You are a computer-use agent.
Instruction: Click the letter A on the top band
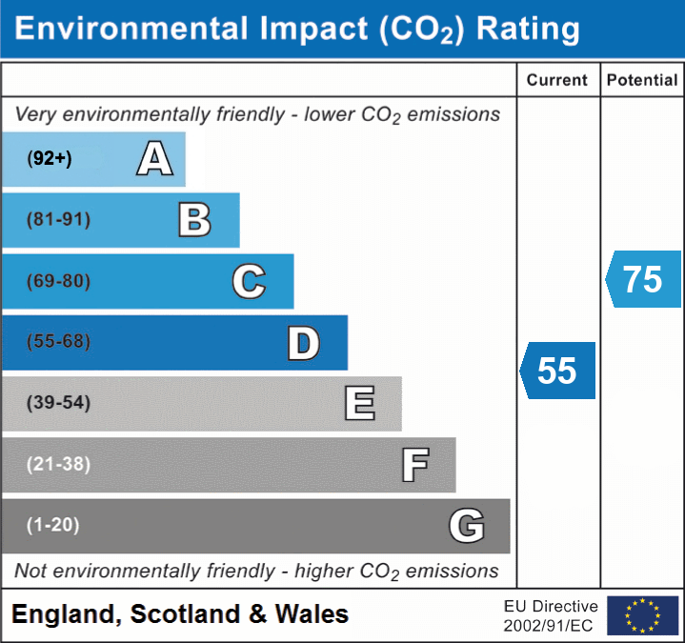click(154, 158)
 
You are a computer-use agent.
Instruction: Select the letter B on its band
click(194, 220)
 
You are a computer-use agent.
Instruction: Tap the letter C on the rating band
click(249, 282)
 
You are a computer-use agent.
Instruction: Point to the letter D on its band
click(303, 343)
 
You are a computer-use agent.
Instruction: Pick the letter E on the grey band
click(359, 404)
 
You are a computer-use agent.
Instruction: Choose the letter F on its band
click(413, 465)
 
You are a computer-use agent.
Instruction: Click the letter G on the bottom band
click(467, 526)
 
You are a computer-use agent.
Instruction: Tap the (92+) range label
click(50, 159)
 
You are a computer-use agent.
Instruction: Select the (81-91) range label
click(58, 220)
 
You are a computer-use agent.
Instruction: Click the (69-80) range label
click(58, 282)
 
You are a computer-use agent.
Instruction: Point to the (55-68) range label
click(58, 342)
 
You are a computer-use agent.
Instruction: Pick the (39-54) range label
click(58, 403)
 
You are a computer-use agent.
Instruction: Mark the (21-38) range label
click(58, 464)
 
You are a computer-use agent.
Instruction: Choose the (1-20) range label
click(52, 525)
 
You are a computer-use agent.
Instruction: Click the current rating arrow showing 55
click(558, 370)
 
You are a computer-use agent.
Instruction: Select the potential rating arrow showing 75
click(643, 279)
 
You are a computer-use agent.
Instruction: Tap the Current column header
click(557, 81)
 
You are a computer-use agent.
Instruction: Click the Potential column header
click(642, 81)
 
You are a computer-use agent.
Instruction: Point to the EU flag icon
click(642, 615)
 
